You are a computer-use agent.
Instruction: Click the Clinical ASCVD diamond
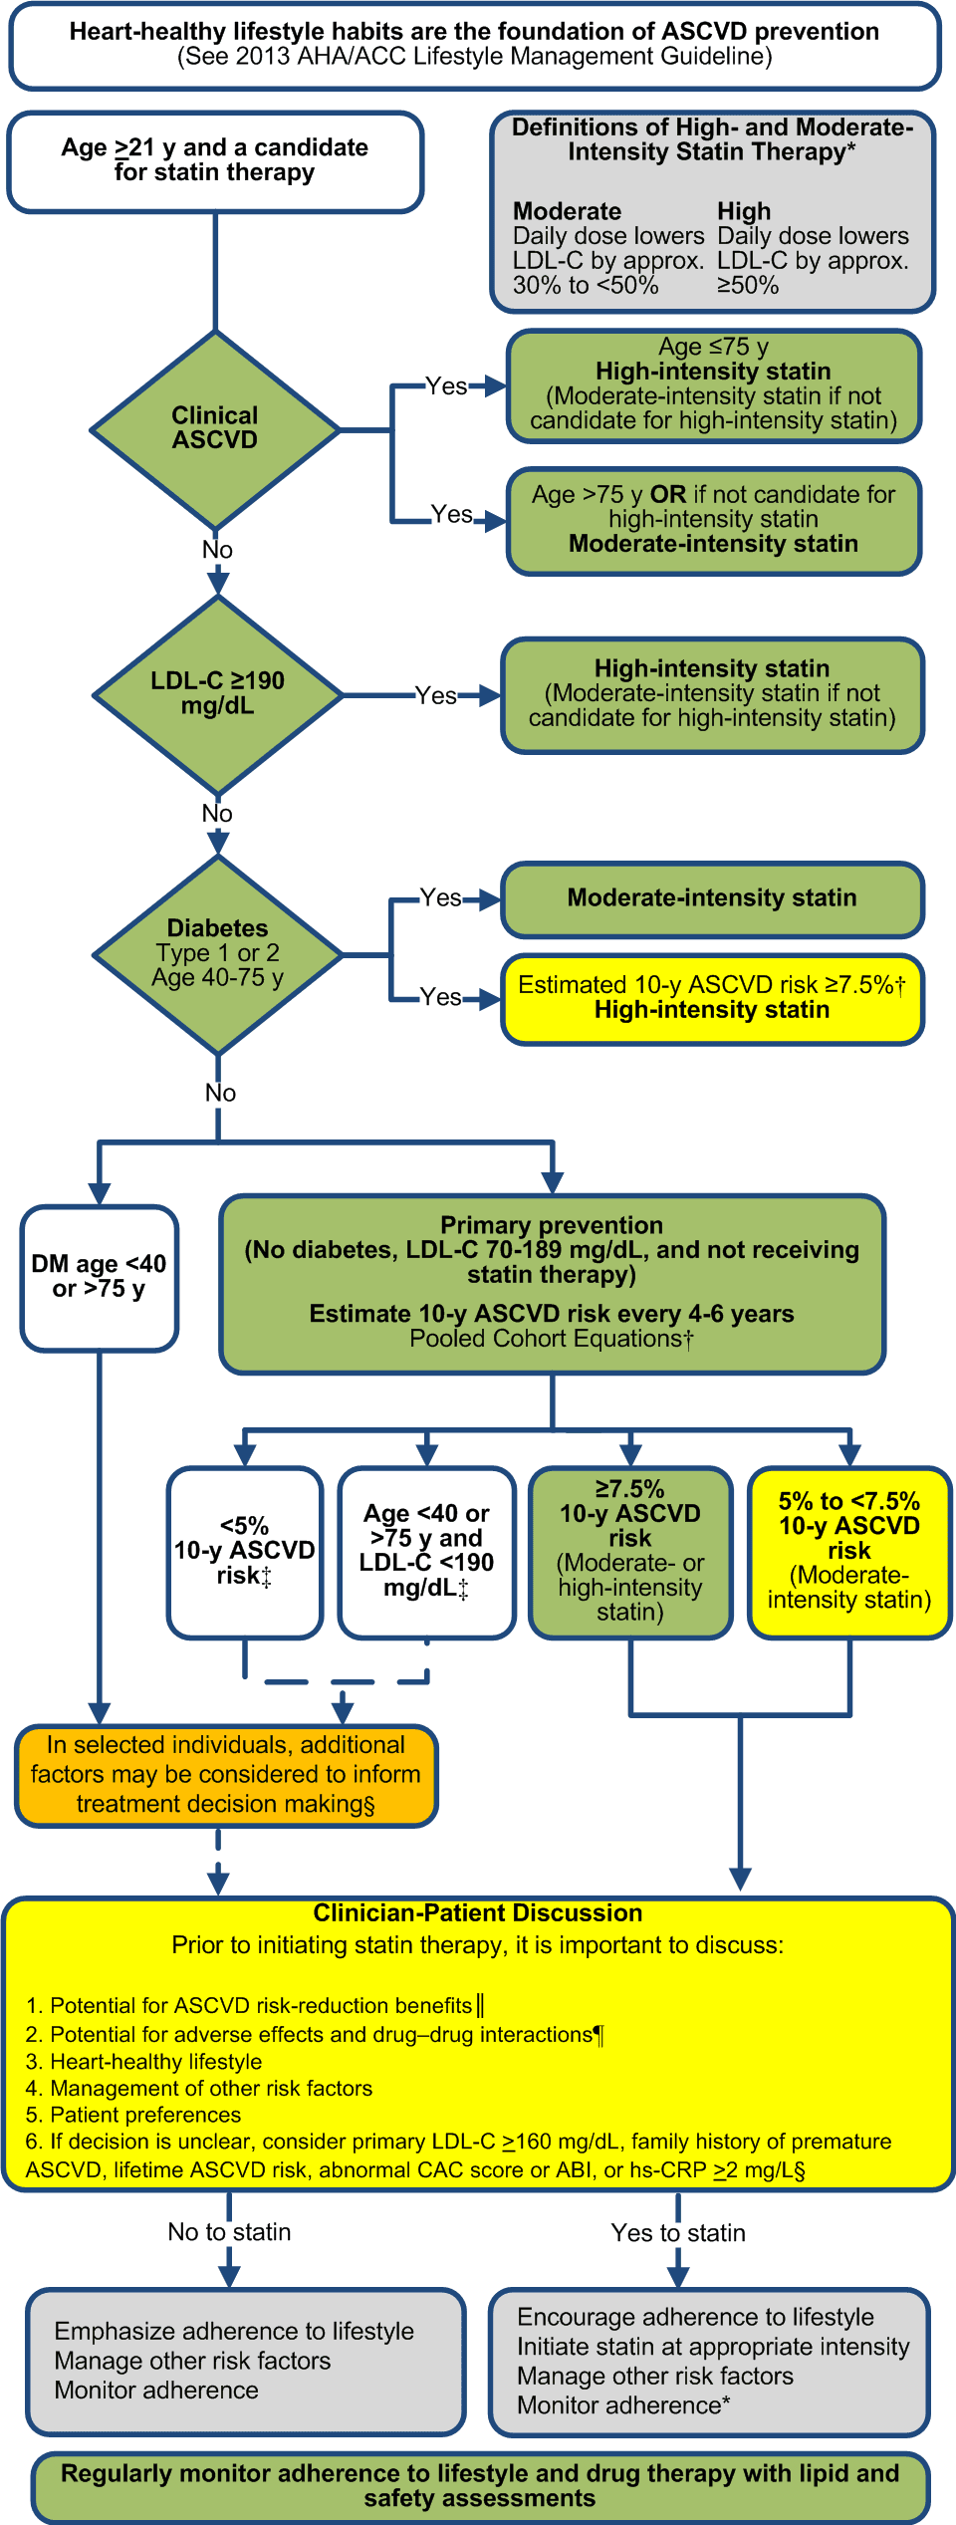point(215,429)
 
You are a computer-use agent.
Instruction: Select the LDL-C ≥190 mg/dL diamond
point(217,694)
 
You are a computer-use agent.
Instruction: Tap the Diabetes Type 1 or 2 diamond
point(217,953)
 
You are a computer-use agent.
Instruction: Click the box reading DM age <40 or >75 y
point(99,1277)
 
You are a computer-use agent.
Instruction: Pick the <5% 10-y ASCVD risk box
point(245,1551)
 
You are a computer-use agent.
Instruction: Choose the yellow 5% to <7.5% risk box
point(849,1551)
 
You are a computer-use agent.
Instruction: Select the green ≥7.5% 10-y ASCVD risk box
point(630,1551)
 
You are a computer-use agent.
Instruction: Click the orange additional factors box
point(226,1775)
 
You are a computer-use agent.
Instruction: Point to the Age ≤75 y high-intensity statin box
point(713,384)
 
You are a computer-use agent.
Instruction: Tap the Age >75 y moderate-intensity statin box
point(713,520)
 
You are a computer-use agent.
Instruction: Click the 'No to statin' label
point(229,2232)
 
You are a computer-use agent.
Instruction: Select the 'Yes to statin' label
point(678,2233)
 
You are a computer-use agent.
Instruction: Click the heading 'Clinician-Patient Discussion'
point(478,1912)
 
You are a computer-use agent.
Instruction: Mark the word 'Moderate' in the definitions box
point(567,211)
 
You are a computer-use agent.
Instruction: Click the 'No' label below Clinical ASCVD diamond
point(217,550)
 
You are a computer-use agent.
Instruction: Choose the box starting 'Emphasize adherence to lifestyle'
point(246,2361)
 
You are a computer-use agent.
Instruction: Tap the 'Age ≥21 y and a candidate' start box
point(215,160)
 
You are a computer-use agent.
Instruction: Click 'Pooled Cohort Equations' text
point(551,1339)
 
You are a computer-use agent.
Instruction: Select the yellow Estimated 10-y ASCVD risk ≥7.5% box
point(712,998)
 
